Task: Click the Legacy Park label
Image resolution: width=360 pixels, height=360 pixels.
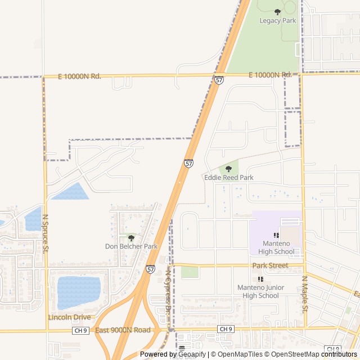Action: pyautogui.click(x=277, y=21)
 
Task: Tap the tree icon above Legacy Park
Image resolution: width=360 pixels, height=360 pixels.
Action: pyautogui.click(x=277, y=12)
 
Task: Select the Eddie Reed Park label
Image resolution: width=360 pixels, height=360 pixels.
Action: pyautogui.click(x=228, y=178)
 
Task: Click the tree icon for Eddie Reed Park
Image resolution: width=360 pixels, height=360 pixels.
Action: pyautogui.click(x=228, y=168)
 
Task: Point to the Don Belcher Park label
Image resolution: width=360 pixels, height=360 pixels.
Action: pyautogui.click(x=131, y=246)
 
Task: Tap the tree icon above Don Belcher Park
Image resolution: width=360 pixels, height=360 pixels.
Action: pyautogui.click(x=131, y=238)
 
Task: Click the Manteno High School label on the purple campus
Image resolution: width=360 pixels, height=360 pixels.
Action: pyautogui.click(x=276, y=247)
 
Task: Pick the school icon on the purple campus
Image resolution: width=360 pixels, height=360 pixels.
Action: pyautogui.click(x=276, y=235)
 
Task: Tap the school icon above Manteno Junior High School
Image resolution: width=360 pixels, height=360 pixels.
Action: pyautogui.click(x=260, y=279)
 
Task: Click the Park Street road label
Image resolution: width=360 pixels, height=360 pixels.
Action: pyautogui.click(x=270, y=265)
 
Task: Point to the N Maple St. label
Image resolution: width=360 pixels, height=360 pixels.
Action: pyautogui.click(x=305, y=294)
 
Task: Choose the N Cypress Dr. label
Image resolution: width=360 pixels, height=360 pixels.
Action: pyautogui.click(x=168, y=290)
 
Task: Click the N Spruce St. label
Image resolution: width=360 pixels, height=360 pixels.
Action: pyautogui.click(x=46, y=233)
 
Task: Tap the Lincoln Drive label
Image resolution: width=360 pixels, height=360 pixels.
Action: pyautogui.click(x=69, y=317)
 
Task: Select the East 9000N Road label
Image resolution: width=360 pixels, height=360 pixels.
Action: pyautogui.click(x=123, y=330)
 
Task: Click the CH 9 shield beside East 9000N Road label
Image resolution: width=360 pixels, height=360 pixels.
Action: pyautogui.click(x=79, y=331)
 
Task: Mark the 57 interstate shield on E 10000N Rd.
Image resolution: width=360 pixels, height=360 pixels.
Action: pyautogui.click(x=219, y=80)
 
